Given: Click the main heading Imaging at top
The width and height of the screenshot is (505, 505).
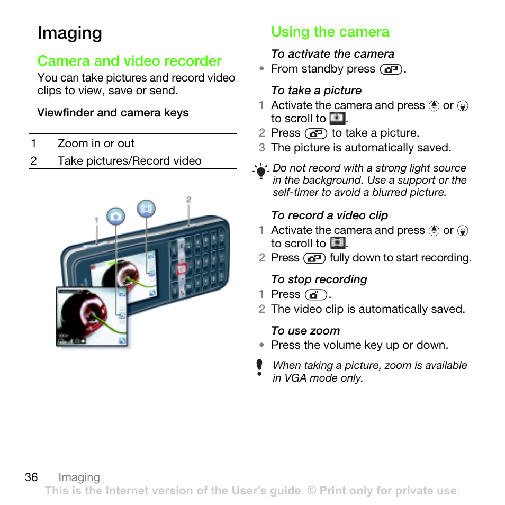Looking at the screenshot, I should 69,33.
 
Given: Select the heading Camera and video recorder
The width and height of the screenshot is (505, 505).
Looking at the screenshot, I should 129,61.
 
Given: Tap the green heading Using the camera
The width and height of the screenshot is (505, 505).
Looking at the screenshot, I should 330,32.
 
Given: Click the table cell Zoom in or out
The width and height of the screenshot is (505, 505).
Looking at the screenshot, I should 96,143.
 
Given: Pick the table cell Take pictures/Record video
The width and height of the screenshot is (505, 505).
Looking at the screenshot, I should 129,161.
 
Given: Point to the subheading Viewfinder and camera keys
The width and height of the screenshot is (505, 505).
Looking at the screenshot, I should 113,113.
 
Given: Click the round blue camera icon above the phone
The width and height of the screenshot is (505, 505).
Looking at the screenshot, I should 115,216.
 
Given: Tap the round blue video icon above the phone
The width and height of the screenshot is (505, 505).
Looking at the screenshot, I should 146,209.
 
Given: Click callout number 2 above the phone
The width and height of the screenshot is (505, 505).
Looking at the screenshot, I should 188,200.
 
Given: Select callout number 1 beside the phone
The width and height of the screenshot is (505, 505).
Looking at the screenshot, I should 96,219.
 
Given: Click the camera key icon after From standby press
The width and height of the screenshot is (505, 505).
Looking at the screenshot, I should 391,69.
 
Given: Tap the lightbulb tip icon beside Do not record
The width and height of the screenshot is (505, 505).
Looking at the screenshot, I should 260,172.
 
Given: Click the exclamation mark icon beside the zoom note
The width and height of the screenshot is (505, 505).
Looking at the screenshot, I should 259,367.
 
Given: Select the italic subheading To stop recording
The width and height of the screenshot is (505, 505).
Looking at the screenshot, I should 319,279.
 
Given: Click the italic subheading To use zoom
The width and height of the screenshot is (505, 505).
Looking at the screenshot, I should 305,331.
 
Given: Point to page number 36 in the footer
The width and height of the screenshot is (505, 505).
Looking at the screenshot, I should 31,477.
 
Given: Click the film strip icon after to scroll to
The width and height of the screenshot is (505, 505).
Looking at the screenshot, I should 337,244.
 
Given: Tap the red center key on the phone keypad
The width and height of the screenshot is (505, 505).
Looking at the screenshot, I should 181,268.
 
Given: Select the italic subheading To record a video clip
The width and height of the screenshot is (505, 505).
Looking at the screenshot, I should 329,215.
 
